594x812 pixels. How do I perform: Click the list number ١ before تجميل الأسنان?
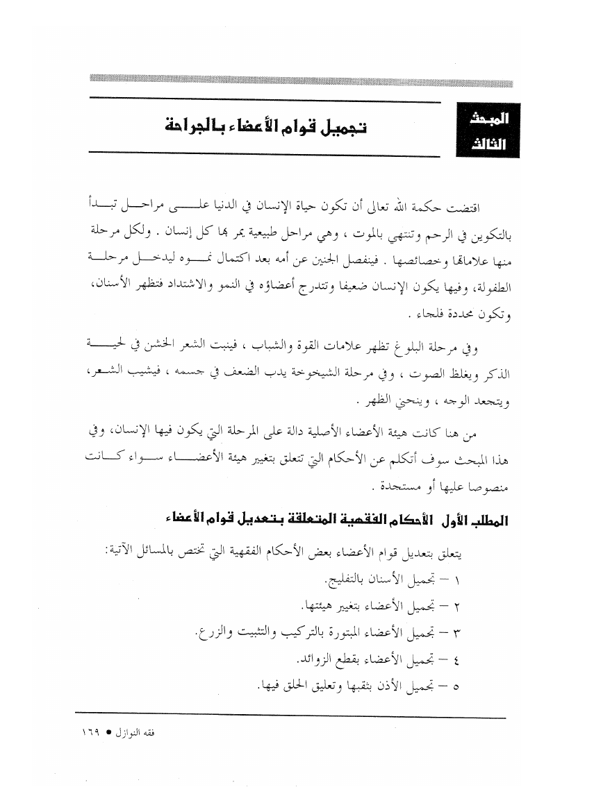pos(465,579)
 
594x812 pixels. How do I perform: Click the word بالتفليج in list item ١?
pos(347,578)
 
